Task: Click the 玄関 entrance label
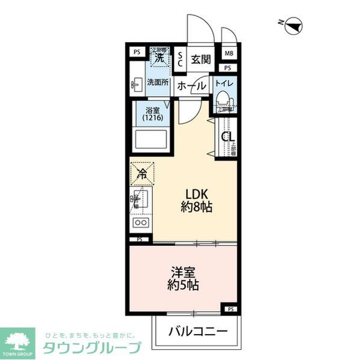pyautogui.click(x=201, y=59)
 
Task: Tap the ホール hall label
pyautogui.click(x=192, y=87)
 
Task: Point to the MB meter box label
pyautogui.click(x=229, y=53)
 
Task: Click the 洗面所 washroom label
pyautogui.click(x=158, y=84)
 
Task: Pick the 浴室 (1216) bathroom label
pyautogui.click(x=153, y=115)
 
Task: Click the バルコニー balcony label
pyautogui.click(x=197, y=331)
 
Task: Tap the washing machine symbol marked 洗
pyautogui.click(x=160, y=58)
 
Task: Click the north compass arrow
pyautogui.click(x=294, y=25)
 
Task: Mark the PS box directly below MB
pyautogui.click(x=229, y=68)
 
